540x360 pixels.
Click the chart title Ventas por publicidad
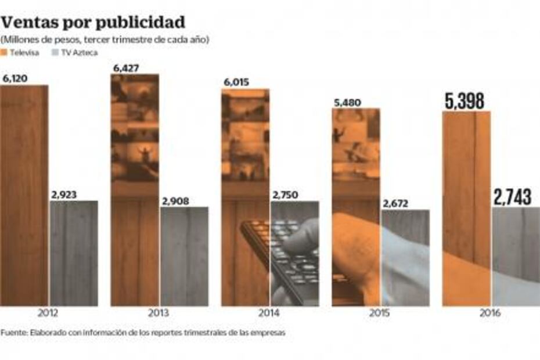[93, 22]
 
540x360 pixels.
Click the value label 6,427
[126, 68]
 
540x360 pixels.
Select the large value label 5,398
[465, 101]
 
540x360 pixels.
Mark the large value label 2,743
[513, 197]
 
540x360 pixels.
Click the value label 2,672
[395, 203]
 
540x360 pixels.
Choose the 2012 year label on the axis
[48, 313]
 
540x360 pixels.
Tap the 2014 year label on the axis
[269, 313]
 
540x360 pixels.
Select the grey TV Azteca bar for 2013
[184, 255]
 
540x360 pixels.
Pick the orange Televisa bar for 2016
[466, 209]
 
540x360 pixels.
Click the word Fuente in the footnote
[13, 333]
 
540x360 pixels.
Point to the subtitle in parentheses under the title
[105, 39]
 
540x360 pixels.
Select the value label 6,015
[236, 82]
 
